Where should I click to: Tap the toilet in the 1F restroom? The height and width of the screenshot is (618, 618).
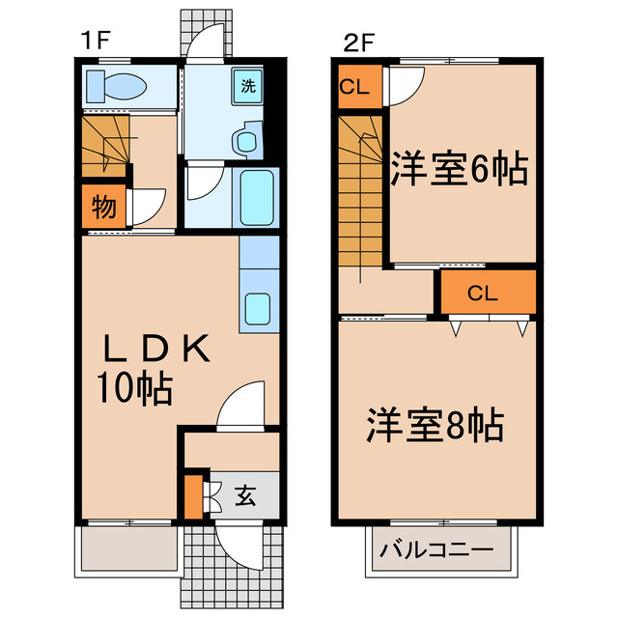click(116, 87)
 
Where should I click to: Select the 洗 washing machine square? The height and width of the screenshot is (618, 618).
click(248, 85)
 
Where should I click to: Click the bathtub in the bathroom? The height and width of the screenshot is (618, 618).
click(258, 196)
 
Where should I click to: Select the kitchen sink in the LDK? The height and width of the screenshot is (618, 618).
click(258, 308)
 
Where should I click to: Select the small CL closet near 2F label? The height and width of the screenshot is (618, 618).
click(354, 85)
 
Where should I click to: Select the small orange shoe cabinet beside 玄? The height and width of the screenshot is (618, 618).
click(194, 495)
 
